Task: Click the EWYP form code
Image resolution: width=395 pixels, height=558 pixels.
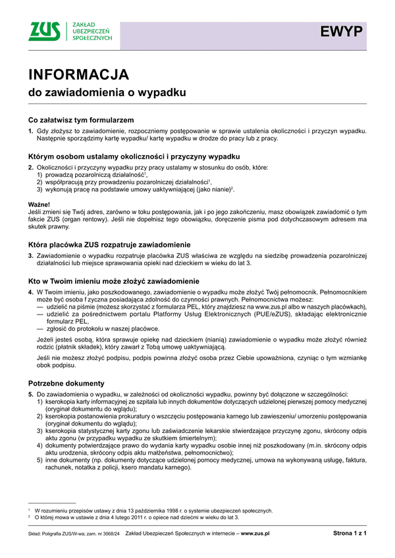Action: [342, 32]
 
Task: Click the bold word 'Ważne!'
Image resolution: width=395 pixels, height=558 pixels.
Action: [39, 205]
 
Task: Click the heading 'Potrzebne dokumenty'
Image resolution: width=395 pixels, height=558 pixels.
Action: [66, 383]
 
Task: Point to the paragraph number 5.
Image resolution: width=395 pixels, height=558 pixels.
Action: [30, 393]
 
